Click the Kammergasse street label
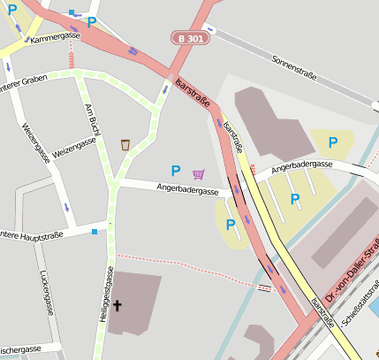pyautogui.click(x=54, y=39)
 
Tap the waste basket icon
pyautogui.click(x=125, y=144)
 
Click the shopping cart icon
pyautogui.click(x=198, y=173)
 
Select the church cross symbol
pyautogui.click(x=117, y=305)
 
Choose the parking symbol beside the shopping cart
pyautogui.click(x=175, y=171)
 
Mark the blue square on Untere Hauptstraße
pyautogui.click(x=95, y=232)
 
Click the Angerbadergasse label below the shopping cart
pyautogui.click(x=187, y=189)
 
